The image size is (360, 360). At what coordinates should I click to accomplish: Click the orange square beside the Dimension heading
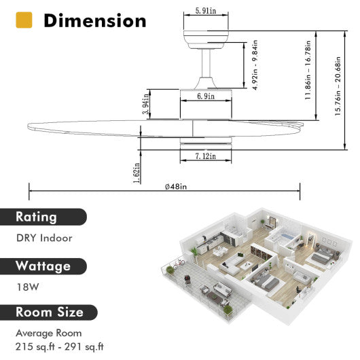tap(24, 20)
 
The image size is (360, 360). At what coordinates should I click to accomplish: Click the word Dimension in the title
tap(94, 20)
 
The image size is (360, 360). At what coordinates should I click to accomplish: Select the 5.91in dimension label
tap(206, 11)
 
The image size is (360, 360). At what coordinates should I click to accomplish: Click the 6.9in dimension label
tap(206, 98)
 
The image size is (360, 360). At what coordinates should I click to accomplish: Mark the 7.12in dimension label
tap(206, 156)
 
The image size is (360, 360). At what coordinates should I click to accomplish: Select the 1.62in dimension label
tap(138, 174)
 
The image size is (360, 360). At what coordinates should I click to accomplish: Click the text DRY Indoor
tap(44, 238)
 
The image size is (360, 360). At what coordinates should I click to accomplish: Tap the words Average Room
tap(49, 333)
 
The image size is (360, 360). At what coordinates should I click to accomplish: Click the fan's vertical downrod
tap(205, 69)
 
